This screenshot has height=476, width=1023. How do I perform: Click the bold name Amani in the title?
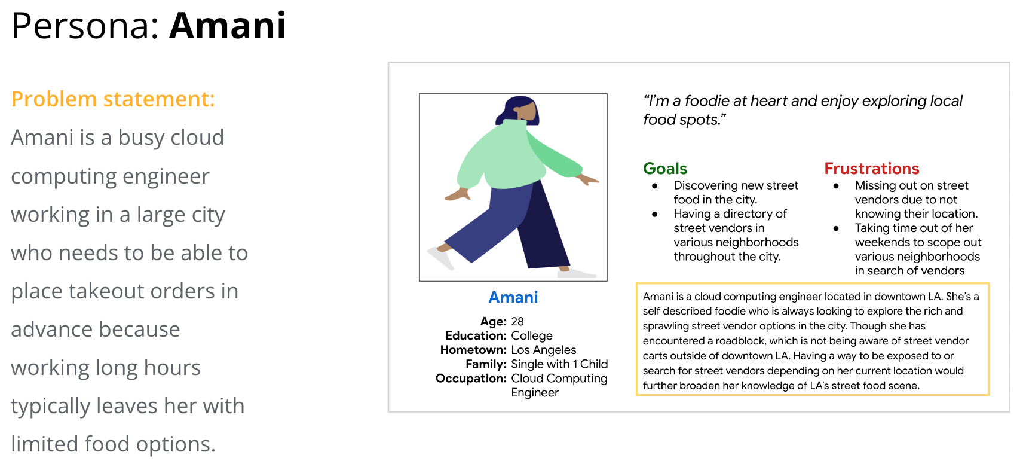click(228, 26)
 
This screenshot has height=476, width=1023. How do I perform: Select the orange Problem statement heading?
click(113, 99)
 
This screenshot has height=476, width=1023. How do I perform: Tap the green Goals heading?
click(665, 169)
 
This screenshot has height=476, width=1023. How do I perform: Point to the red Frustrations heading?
click(871, 169)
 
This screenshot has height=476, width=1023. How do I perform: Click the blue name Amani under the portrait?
click(513, 297)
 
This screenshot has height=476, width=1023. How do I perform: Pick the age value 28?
click(517, 322)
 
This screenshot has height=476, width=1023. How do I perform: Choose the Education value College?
click(532, 335)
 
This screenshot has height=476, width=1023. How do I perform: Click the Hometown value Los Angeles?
click(544, 350)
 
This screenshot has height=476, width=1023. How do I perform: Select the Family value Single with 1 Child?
click(559, 364)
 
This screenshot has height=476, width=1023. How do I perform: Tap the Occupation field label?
click(471, 379)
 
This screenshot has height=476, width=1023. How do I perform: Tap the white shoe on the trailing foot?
click(440, 258)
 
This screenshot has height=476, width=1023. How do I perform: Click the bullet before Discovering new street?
click(655, 186)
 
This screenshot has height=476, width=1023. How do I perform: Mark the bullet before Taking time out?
click(836, 228)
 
